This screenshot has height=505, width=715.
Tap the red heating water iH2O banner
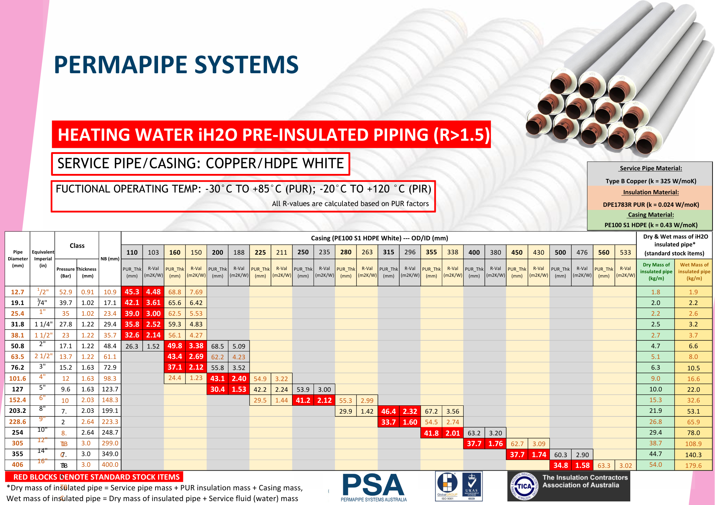tap(271, 135)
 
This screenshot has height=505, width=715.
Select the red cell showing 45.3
tap(132, 292)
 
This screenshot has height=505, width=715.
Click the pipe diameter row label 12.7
tap(18, 292)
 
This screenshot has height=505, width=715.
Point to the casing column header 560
tap(603, 252)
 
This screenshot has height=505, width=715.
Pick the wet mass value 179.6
tap(693, 465)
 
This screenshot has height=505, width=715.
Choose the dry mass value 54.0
tap(655, 465)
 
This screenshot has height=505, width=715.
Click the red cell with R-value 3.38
tap(196, 346)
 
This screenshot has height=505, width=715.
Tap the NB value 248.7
tap(110, 432)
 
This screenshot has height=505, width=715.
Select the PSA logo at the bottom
tap(373, 486)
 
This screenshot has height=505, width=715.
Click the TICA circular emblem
tap(524, 486)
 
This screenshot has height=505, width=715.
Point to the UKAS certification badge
tap(472, 486)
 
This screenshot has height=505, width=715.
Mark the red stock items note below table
tap(94, 477)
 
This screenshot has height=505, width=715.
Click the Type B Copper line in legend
tap(651, 181)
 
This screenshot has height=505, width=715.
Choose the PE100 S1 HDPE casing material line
tap(651, 225)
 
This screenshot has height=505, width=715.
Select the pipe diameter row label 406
tap(18, 465)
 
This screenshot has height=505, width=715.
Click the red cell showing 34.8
tap(560, 465)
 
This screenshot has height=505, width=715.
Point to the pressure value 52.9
tap(65, 292)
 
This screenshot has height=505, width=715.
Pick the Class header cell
tap(77, 246)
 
